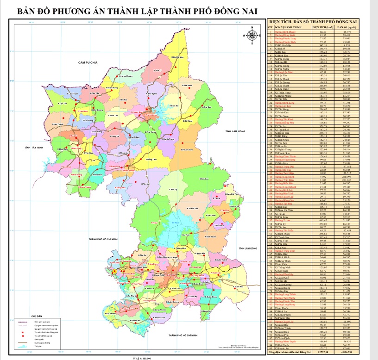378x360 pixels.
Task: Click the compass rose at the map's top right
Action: pyautogui.click(x=252, y=36)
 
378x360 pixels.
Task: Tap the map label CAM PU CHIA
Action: pyautogui.click(x=87, y=62)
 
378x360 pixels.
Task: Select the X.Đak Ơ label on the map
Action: pyautogui.click(x=158, y=70)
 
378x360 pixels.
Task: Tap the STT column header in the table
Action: pyautogui.click(x=270, y=28)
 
